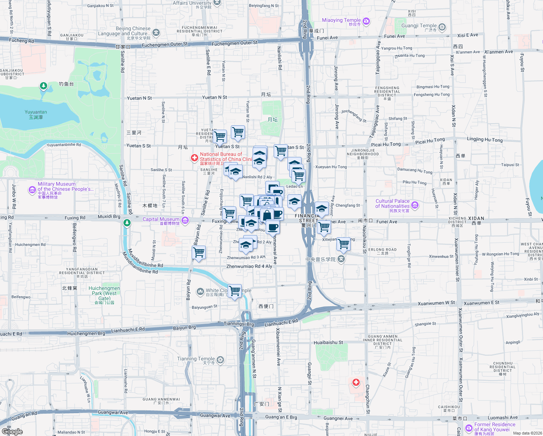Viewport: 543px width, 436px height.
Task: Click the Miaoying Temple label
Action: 341,20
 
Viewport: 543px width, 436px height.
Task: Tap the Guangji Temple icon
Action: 442,27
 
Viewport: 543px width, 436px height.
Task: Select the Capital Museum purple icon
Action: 185,220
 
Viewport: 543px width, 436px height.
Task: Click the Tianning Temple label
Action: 196,359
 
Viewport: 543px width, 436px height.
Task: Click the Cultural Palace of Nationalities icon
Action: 415,205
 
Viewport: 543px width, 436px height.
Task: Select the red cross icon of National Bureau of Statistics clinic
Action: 195,158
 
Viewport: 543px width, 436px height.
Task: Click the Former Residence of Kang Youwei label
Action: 495,427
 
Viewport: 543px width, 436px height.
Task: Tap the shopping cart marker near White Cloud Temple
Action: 235,291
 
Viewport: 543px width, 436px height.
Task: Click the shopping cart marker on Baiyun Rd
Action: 199,252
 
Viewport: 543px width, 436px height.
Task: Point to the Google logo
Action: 12,431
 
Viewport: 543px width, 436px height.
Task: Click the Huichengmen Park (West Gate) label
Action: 104,293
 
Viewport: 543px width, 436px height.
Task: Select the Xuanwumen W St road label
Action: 436,303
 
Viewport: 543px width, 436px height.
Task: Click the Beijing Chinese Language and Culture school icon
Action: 156,33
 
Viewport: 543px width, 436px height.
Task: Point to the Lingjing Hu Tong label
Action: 485,140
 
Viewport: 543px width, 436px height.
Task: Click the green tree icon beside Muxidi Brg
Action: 127,223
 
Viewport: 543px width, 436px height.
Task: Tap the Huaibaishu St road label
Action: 328,342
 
